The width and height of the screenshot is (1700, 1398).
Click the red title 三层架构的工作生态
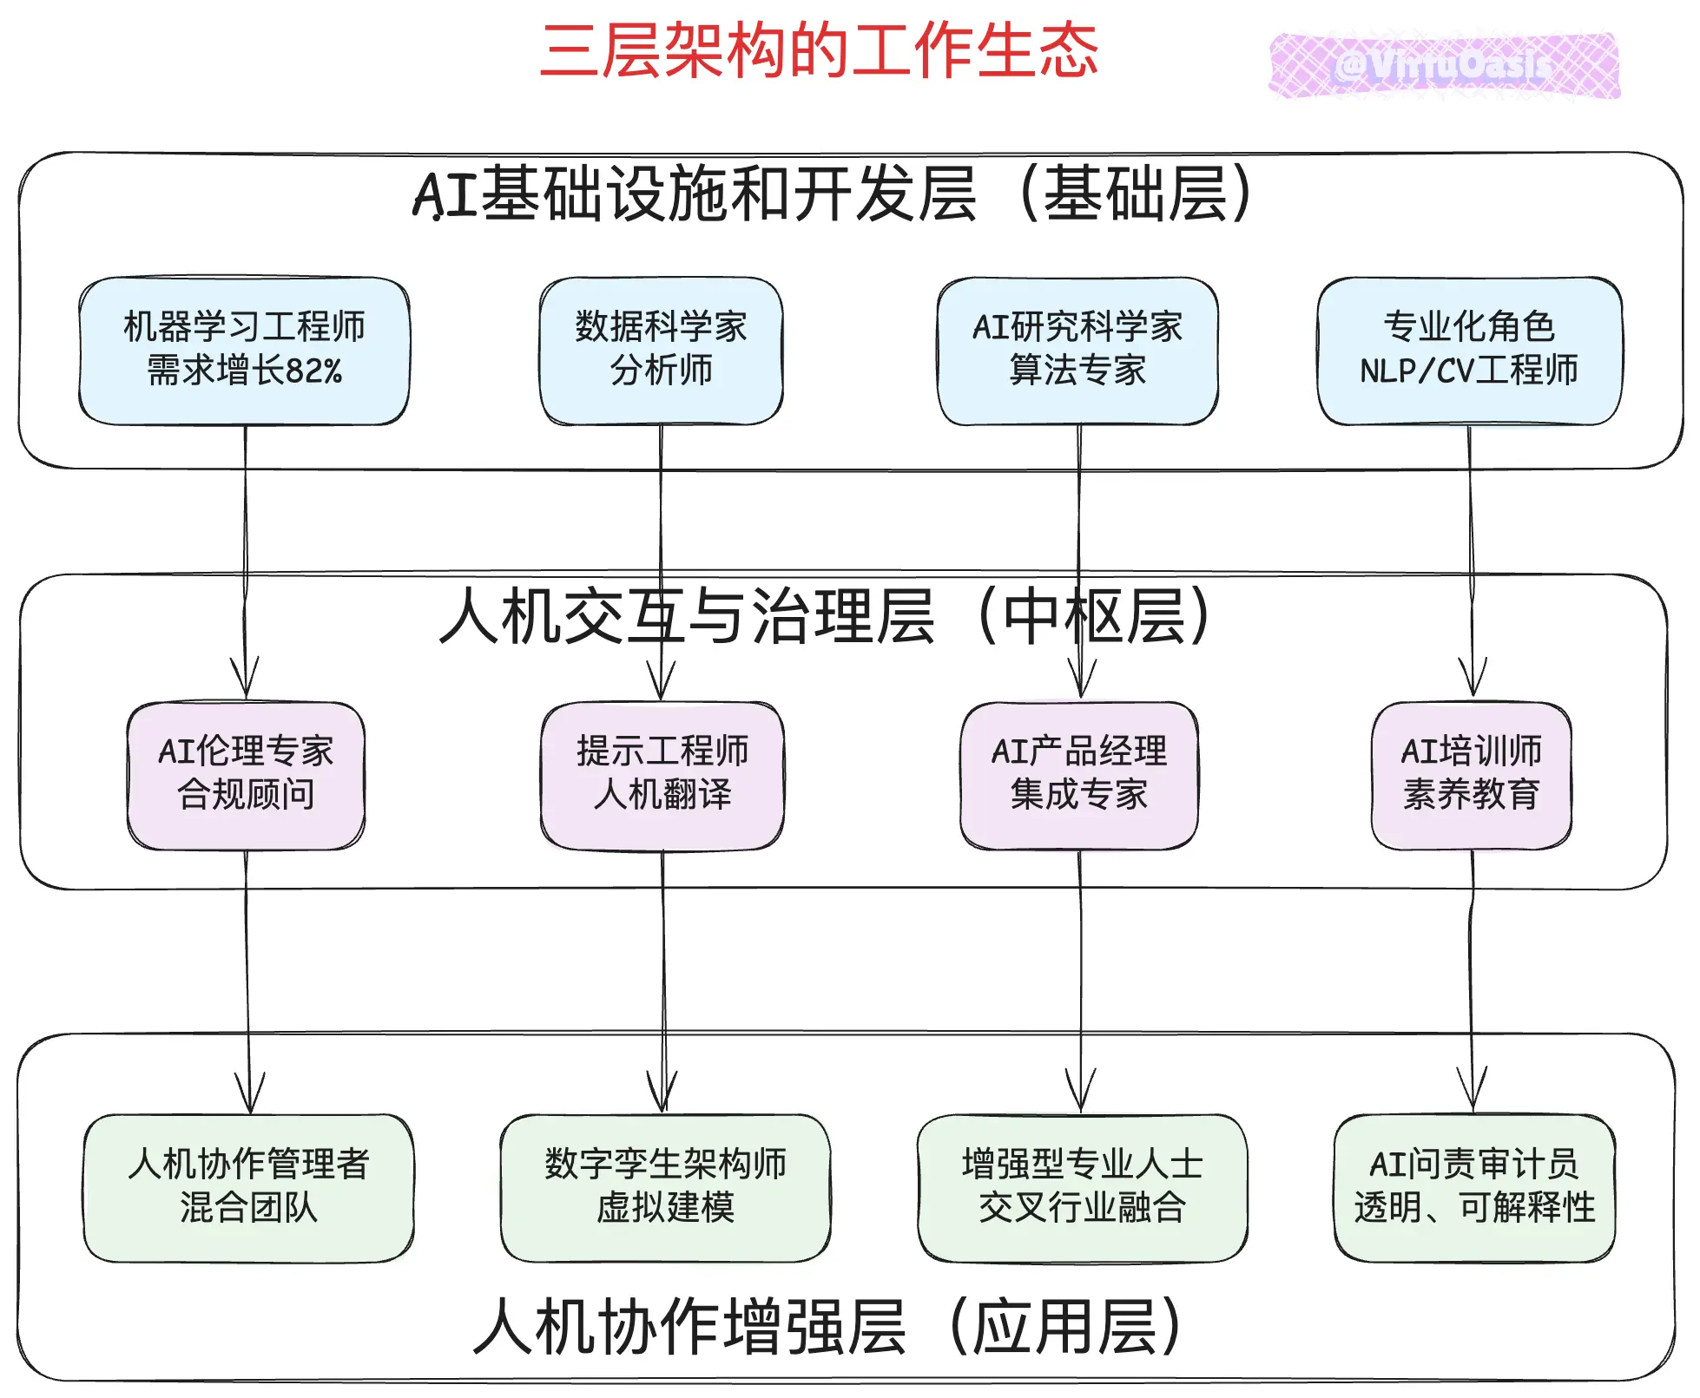[x=819, y=50]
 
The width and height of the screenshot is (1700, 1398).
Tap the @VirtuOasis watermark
[x=1444, y=66]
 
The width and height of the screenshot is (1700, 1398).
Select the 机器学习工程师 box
[x=244, y=351]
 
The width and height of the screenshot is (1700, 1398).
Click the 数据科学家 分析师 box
[x=661, y=351]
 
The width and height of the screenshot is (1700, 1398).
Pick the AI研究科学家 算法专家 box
[x=1077, y=351]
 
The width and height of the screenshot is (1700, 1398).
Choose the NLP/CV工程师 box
[x=1469, y=351]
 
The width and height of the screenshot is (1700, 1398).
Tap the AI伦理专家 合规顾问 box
[x=246, y=774]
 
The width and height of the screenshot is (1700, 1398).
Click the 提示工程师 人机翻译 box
[x=662, y=774]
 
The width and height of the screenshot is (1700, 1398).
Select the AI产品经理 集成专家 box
[x=1079, y=774]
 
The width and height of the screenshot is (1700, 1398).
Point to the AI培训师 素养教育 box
[x=1472, y=774]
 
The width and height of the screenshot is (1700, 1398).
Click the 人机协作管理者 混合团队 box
[x=249, y=1187]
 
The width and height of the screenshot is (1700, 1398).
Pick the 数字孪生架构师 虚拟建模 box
[x=665, y=1187]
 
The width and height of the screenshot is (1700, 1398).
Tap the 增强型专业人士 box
[x=1083, y=1187]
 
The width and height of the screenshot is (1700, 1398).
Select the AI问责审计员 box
[x=1474, y=1187]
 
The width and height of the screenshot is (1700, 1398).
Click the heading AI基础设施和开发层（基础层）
[x=832, y=194]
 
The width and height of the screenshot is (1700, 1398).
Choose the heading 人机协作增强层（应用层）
[x=827, y=1326]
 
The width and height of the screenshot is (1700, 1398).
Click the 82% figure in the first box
[x=313, y=371]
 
